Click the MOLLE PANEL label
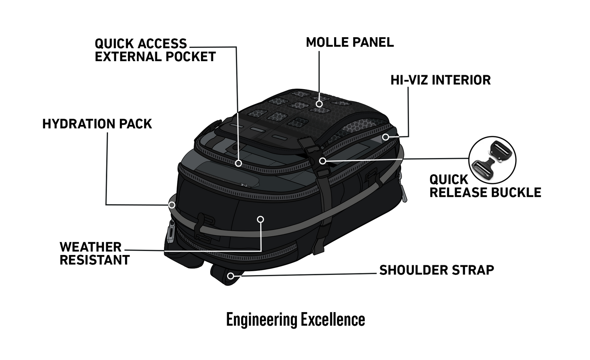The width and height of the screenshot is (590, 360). (350, 42)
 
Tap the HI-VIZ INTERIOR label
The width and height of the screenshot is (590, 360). (440, 80)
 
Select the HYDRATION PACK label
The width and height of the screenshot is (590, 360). (97, 124)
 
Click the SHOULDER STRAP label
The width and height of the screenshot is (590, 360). (437, 270)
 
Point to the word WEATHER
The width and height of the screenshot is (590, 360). (90, 247)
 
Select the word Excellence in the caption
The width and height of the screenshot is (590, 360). (333, 319)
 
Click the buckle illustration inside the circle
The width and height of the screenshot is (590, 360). (492, 160)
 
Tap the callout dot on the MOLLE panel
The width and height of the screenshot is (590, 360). (319, 104)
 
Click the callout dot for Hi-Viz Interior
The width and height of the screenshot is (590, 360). (385, 137)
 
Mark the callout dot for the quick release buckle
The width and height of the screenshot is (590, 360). (323, 161)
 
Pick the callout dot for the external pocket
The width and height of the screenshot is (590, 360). (239, 163)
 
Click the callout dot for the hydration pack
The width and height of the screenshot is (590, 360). (172, 205)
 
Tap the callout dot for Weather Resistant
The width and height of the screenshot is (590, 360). (260, 219)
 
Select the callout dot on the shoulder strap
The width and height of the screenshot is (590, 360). (231, 276)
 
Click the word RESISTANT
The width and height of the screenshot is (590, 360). (94, 260)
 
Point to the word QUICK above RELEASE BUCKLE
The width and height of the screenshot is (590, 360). (448, 180)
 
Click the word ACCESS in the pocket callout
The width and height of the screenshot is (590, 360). (162, 44)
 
